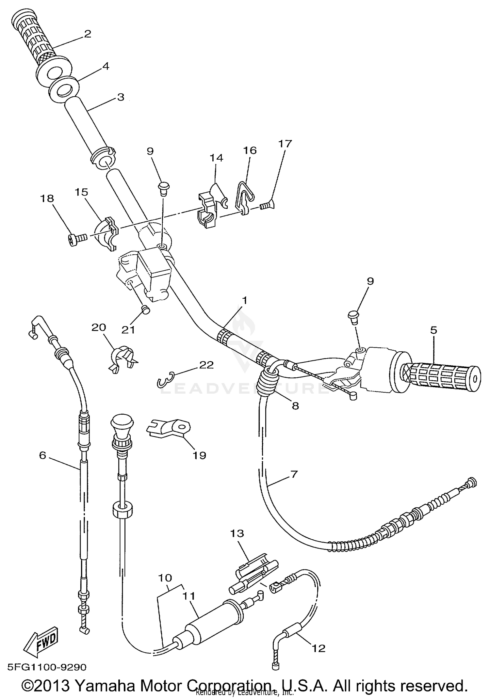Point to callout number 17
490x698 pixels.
click(x=285, y=144)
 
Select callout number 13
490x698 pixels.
click(x=237, y=534)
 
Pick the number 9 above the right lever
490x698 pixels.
click(x=370, y=281)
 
